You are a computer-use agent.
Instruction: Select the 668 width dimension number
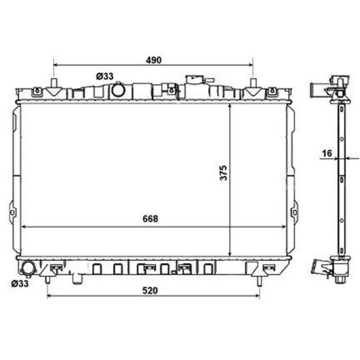(150, 219)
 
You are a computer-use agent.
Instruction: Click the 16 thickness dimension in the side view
(326, 154)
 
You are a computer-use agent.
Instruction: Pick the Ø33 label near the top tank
(104, 76)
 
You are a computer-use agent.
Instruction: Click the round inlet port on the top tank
(118, 91)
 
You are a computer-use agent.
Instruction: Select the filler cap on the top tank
(196, 80)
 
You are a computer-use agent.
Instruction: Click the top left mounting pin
(55, 84)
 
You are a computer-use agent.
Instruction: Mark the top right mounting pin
(254, 84)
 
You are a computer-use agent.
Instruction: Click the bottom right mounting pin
(259, 278)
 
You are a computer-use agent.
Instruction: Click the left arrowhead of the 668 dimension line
(25, 227)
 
